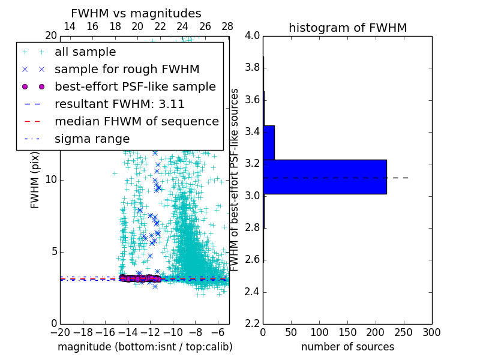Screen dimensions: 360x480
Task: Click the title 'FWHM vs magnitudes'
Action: pyautogui.click(x=136, y=13)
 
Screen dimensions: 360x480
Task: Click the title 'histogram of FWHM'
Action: pyautogui.click(x=347, y=28)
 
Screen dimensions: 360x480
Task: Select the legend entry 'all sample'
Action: pyautogui.click(x=85, y=52)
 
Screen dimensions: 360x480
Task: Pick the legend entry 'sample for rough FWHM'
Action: pyautogui.click(x=127, y=70)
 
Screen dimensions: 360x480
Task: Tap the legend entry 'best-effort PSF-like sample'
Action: pyautogui.click(x=135, y=86)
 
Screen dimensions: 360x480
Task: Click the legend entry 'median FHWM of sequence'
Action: pyautogui.click(x=137, y=121)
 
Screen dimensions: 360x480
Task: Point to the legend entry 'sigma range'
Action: pyautogui.click(x=92, y=139)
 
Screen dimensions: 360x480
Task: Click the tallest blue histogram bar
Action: pyautogui.click(x=325, y=176)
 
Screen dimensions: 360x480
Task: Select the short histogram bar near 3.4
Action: pyautogui.click(x=269, y=143)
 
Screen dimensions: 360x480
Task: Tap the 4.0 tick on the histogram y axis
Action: pyautogui.click(x=253, y=35)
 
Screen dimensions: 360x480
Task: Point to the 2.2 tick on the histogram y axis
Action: pyautogui.click(x=253, y=324)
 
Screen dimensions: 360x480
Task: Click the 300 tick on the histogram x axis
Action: pyautogui.click(x=431, y=332)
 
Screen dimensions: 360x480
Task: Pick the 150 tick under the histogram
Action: pyautogui.click(x=347, y=332)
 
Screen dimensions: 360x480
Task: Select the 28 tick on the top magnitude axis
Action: pyautogui.click(x=227, y=26)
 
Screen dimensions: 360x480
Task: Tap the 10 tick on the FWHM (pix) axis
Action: pyautogui.click(x=51, y=179)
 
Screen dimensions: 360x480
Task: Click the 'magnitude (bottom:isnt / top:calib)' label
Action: pyautogui.click(x=145, y=347)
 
